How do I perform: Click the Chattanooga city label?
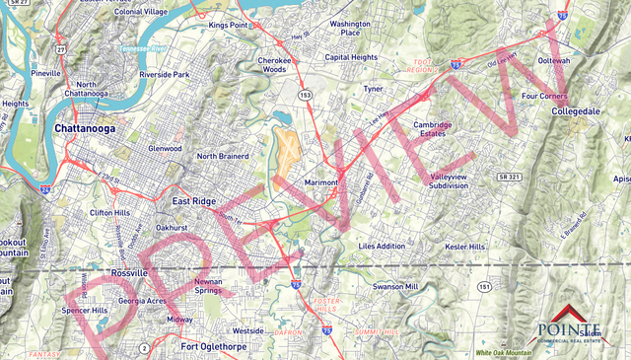(86, 128)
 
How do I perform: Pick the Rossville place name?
(129, 272)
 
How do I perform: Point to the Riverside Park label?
(165, 74)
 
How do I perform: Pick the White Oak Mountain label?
(503, 352)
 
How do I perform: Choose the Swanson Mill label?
(395, 286)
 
